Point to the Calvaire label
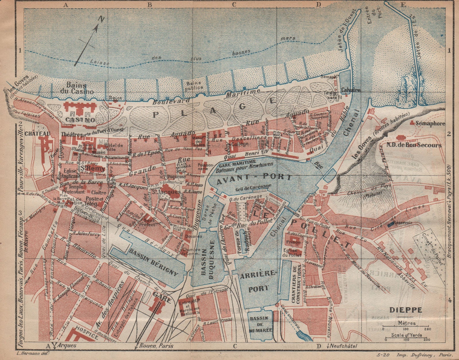click(351, 90)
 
